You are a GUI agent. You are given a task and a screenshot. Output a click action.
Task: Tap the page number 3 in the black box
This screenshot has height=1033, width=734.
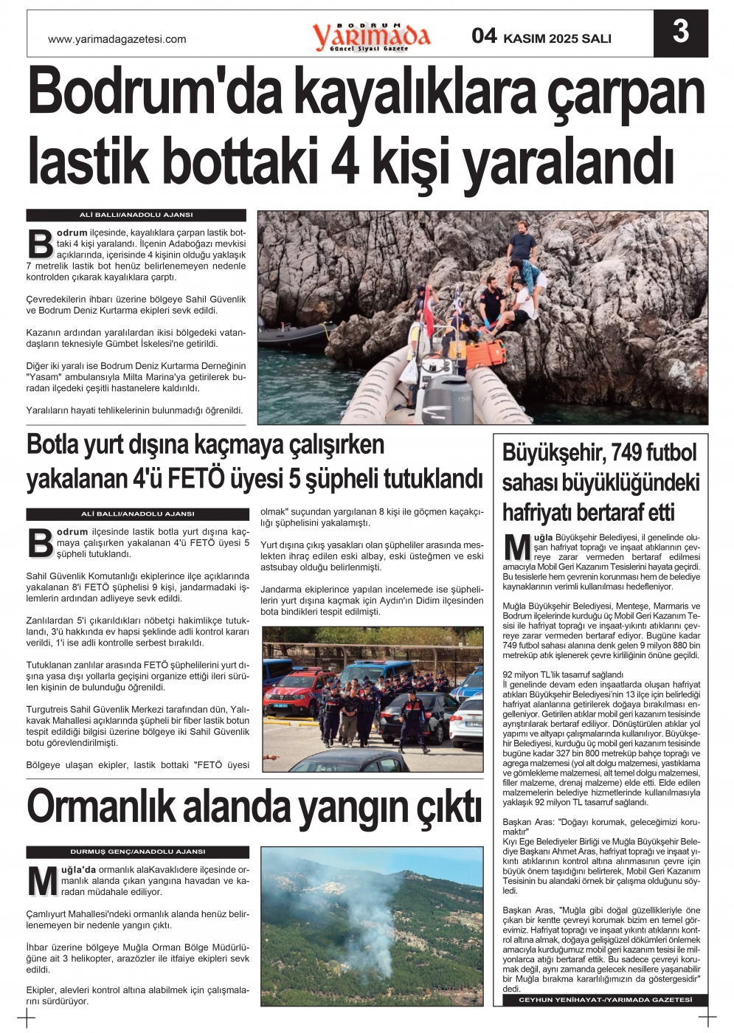[680, 32]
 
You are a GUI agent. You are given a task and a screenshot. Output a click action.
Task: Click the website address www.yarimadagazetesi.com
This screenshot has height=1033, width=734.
[117, 39]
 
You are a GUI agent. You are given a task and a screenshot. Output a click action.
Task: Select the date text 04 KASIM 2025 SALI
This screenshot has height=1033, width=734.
[541, 37]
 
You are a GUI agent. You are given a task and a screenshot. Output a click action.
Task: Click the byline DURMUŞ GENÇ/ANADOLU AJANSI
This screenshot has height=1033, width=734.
[137, 851]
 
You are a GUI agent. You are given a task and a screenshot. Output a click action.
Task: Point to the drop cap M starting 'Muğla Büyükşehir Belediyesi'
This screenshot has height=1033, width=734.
[517, 547]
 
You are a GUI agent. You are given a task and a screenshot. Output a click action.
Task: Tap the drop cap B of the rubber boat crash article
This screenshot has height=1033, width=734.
[40, 243]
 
